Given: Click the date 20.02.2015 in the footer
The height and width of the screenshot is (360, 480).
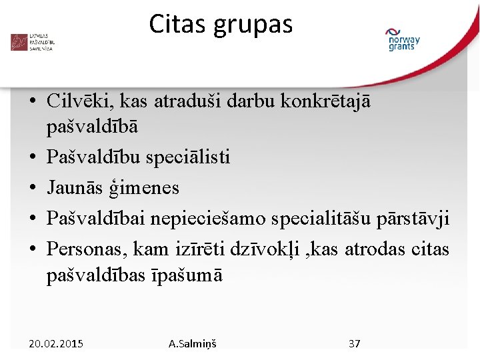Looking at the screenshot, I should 56,344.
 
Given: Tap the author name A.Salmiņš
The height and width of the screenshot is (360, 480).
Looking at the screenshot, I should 193,344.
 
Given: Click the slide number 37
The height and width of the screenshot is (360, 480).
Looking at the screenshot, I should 355,344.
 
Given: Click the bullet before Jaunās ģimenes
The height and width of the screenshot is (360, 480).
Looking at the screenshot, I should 32,189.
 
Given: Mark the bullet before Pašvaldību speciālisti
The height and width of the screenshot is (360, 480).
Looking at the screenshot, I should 32,158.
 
